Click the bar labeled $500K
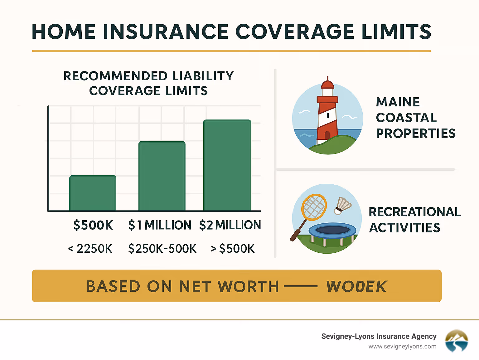93,193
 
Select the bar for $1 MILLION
162,176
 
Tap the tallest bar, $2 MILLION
227,165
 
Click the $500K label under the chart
93,225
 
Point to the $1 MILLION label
160,225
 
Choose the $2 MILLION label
230,225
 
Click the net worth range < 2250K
90,249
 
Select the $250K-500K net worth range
162,249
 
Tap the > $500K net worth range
233,249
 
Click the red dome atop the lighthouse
327,84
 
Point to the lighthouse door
327,135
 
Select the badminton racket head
314,207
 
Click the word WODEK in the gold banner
356,286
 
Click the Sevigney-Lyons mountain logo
456,341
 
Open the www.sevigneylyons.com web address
402,346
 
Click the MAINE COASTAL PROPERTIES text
415,118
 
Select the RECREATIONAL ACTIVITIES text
414,220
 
